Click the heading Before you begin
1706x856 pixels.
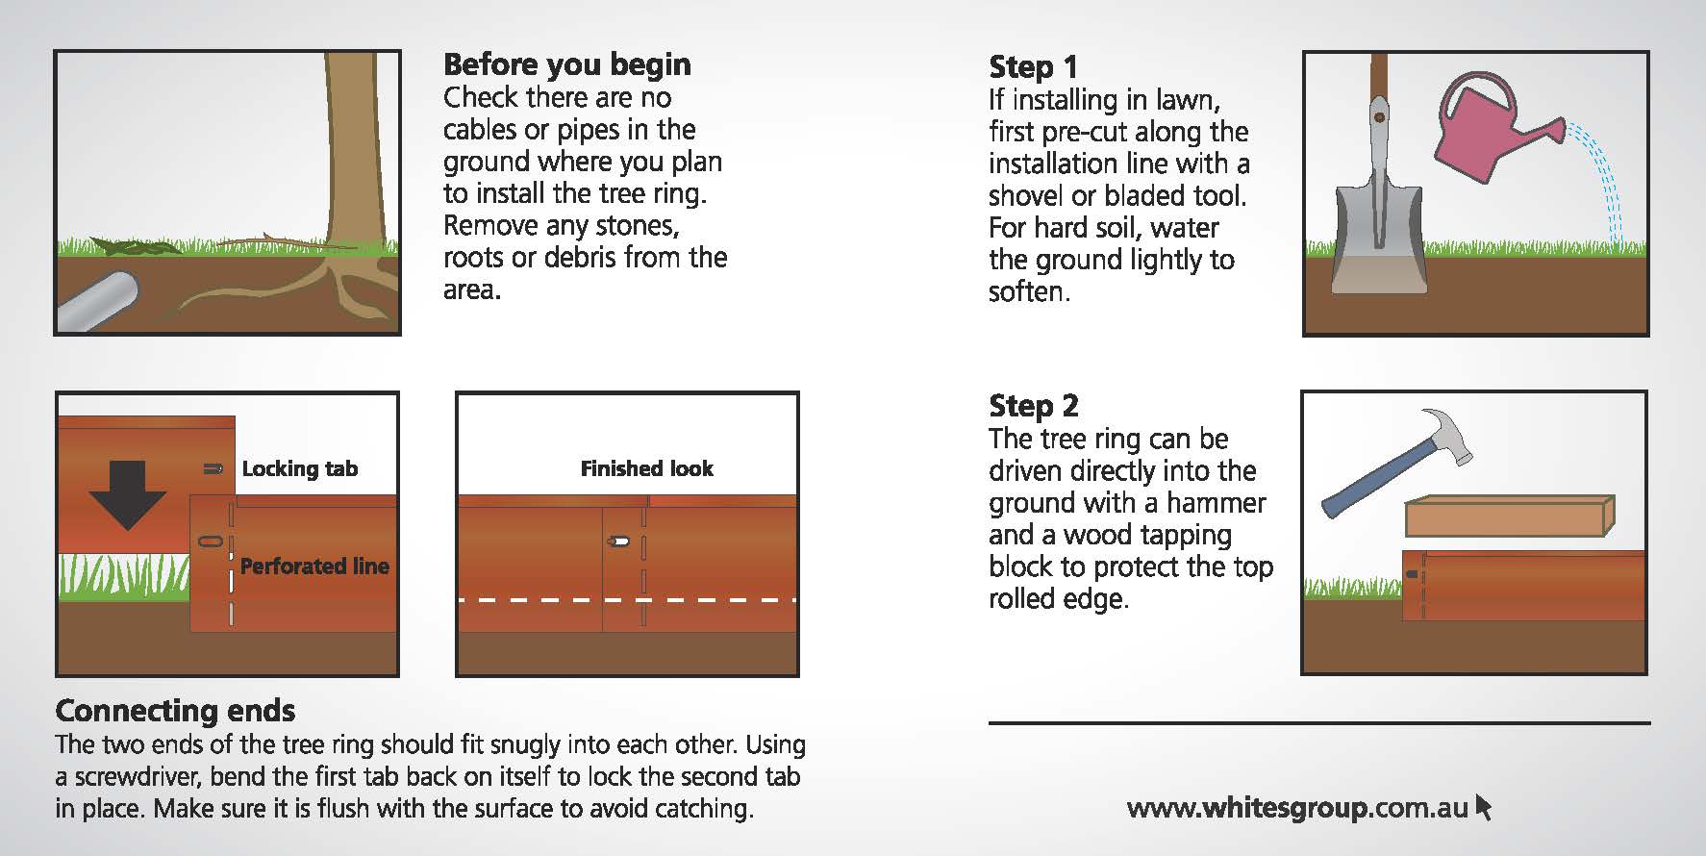[x=566, y=64]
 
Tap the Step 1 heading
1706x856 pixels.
[x=1033, y=67]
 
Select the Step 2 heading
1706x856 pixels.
[x=1034, y=406]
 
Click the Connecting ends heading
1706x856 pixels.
[x=175, y=711]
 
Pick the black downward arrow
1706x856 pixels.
[x=127, y=494]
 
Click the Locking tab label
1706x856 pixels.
[x=299, y=468]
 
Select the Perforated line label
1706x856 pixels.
[x=314, y=566]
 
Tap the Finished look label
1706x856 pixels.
[x=646, y=468]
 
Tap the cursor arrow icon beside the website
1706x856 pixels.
[x=1482, y=806]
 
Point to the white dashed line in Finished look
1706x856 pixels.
[x=627, y=600]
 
